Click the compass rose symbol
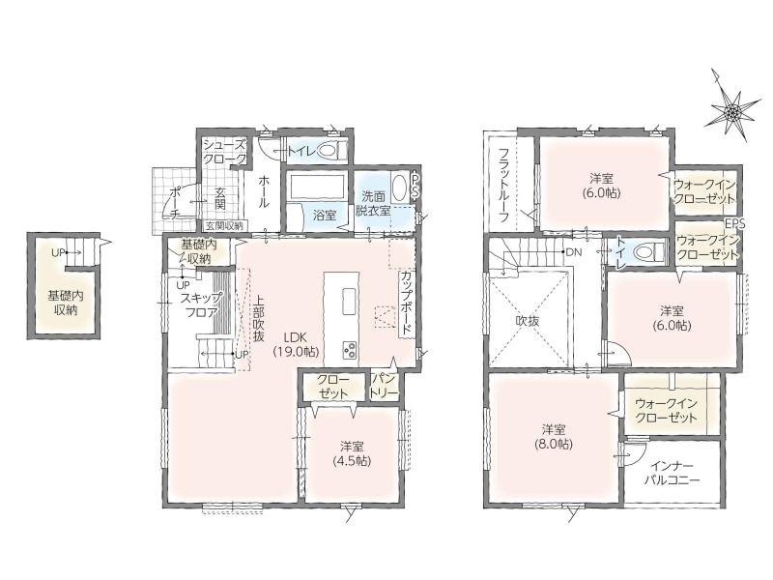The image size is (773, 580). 731,111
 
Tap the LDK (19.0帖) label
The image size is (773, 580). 296,344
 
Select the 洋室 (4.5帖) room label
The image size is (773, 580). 352,453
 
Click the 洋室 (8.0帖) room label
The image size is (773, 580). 554,437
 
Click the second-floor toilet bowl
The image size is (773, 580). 646,252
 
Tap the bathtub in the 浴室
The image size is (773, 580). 317,187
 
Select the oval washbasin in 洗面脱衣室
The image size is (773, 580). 399,188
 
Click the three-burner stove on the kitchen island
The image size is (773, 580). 350,350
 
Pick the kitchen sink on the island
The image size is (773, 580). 350,301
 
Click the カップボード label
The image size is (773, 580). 407,303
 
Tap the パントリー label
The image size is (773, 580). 384,386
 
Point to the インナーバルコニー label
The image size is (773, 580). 672,473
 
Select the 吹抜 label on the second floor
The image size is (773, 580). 528,321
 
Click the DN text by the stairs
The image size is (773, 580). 574,252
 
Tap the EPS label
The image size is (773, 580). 735,223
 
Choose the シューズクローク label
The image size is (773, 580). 225,152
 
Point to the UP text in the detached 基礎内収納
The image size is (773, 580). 58,253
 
